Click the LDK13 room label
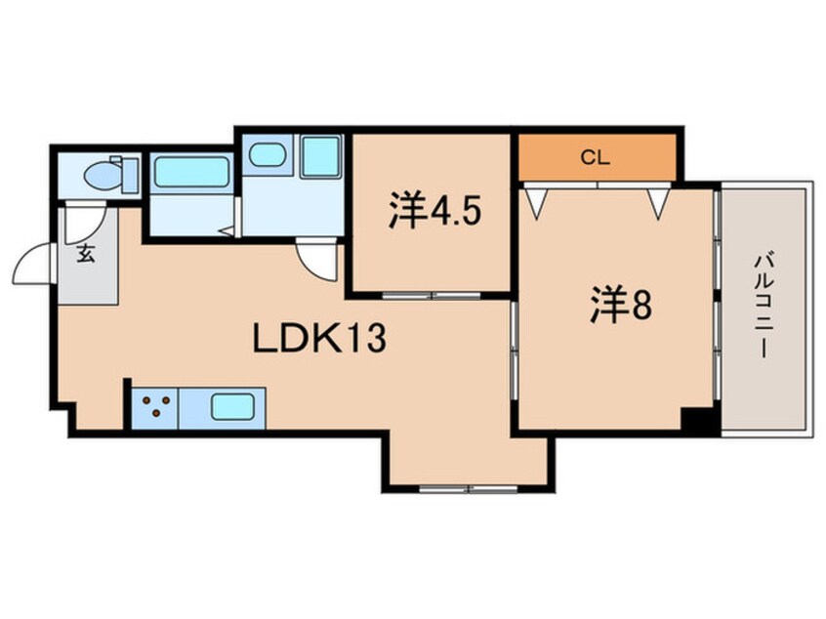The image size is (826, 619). pyautogui.click(x=320, y=338)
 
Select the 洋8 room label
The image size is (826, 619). pyautogui.click(x=621, y=305)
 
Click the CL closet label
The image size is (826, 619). pyautogui.click(x=596, y=157)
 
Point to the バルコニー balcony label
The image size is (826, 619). pyautogui.click(x=764, y=306)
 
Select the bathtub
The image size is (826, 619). pyautogui.click(x=191, y=172)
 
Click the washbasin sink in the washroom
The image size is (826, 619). pyautogui.click(x=268, y=155)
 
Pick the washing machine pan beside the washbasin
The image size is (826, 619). pyautogui.click(x=321, y=156)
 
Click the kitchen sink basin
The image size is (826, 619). pyautogui.click(x=232, y=407)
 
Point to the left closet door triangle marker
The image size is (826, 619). pyautogui.click(x=537, y=203)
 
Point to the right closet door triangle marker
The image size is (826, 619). pyautogui.click(x=659, y=203)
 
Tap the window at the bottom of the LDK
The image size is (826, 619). pyautogui.click(x=469, y=489)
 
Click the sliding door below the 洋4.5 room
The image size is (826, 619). pyautogui.click(x=432, y=296)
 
